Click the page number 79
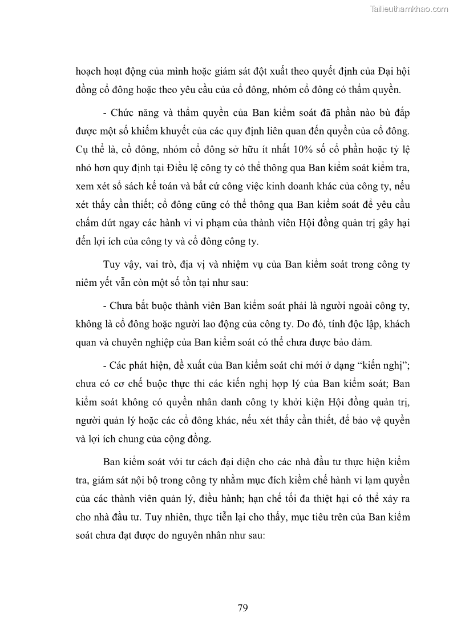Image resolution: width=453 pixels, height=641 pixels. click(x=242, y=607)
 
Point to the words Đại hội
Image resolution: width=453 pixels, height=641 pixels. click(x=393, y=72)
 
